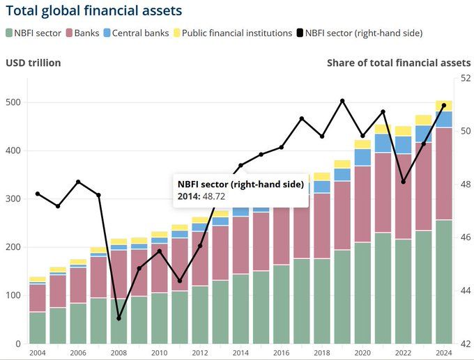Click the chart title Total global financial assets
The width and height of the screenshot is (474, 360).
(94, 11)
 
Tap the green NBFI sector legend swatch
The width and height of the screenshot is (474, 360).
(9, 32)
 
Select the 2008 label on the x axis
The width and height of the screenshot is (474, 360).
(118, 353)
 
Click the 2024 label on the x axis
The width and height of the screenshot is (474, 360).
(443, 353)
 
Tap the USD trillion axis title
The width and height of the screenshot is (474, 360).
(33, 63)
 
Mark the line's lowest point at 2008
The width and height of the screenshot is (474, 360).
(118, 318)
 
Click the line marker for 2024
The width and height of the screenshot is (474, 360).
(444, 105)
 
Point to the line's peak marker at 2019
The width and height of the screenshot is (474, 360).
(342, 101)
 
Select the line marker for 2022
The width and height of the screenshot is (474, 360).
(404, 182)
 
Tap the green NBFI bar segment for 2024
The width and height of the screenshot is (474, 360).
(444, 282)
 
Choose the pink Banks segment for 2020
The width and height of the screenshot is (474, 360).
(362, 204)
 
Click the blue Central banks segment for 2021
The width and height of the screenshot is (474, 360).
(383, 143)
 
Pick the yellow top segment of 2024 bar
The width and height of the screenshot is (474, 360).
(444, 106)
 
